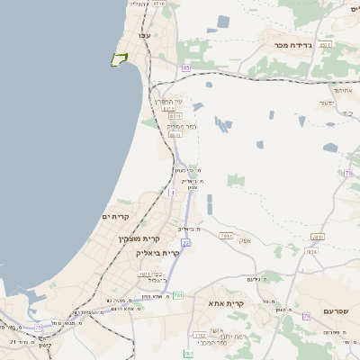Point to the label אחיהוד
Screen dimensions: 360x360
point(342,90)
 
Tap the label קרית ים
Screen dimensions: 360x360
point(117,217)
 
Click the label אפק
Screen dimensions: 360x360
point(244,239)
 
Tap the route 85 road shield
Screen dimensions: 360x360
point(186,67)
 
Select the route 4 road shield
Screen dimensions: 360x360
point(171,193)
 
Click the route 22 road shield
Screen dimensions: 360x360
point(185,242)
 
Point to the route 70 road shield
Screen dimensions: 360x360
point(347,172)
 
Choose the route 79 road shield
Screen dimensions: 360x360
point(306,316)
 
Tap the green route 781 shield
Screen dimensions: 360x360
point(178,294)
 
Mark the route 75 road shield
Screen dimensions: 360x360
point(38,328)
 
